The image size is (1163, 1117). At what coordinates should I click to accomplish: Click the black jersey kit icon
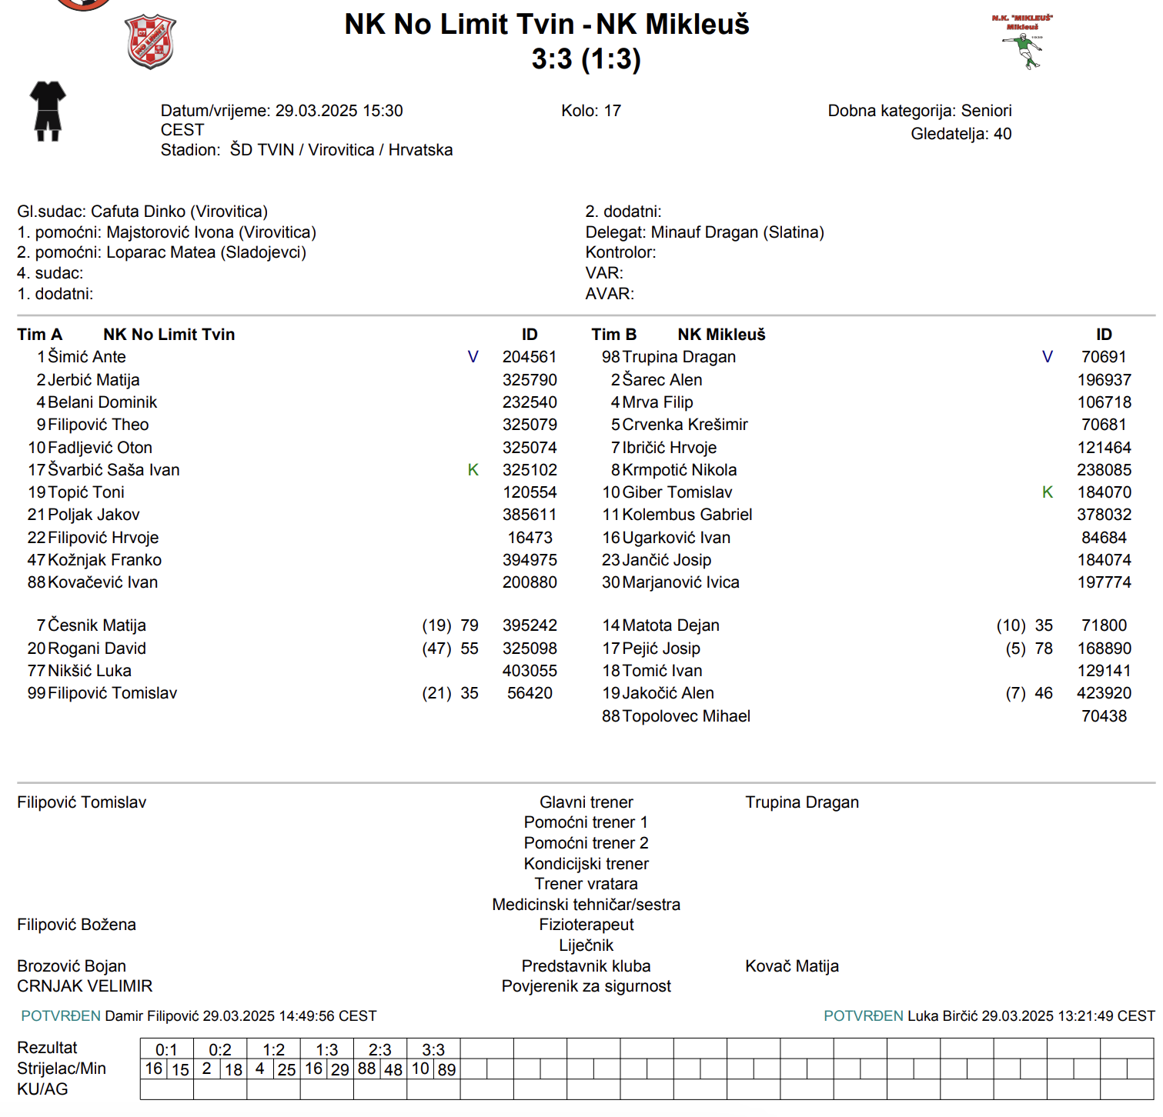[x=48, y=111]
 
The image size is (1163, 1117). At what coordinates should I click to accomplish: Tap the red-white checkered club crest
[x=150, y=41]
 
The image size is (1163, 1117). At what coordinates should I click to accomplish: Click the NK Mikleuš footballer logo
[x=1023, y=42]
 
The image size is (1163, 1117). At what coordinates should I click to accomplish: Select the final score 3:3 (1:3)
[x=586, y=59]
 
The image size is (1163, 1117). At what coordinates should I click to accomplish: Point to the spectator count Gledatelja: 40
[x=961, y=134]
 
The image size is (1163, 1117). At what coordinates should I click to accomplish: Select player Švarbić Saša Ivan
[x=114, y=470]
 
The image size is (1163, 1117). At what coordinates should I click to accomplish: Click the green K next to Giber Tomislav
[x=1047, y=492]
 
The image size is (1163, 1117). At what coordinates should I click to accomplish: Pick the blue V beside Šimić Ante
[x=473, y=357]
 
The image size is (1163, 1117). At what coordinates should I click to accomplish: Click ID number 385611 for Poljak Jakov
[x=530, y=515]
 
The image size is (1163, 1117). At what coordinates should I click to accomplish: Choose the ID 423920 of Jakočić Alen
[x=1104, y=693]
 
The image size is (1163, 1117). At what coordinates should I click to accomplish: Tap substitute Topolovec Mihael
[x=686, y=716]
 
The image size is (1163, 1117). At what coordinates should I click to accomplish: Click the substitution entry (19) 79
[x=450, y=625]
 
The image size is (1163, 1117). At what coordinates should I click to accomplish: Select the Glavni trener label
[x=586, y=802]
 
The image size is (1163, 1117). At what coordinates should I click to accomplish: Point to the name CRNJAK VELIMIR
[x=85, y=986]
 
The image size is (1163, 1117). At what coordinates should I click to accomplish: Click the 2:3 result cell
[x=379, y=1049]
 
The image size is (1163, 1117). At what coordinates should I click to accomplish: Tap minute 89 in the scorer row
[x=446, y=1069]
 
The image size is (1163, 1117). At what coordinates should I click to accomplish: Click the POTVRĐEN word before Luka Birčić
[x=863, y=1016]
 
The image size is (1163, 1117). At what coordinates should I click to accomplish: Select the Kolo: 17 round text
[x=590, y=111]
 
